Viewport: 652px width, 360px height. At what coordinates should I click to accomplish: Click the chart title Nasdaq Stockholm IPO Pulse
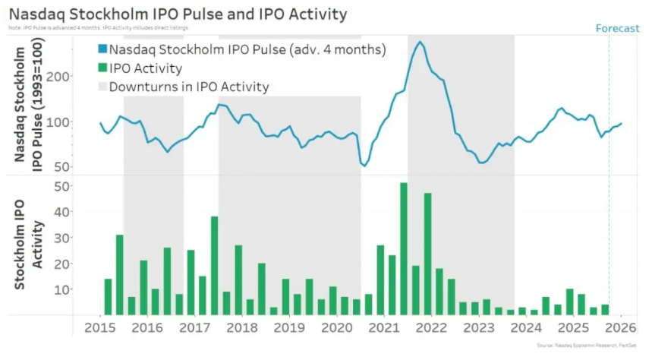coord(178,14)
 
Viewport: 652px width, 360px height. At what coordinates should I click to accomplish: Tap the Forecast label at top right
coord(617,28)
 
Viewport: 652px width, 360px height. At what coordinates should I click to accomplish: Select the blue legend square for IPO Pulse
coord(102,50)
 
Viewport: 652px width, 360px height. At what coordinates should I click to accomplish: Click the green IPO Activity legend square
coord(102,68)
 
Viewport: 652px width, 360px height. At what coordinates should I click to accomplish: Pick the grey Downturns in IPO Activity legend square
coord(102,87)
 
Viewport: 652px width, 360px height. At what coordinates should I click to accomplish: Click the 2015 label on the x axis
coord(99,328)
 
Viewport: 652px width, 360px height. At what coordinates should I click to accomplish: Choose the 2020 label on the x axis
coord(335,328)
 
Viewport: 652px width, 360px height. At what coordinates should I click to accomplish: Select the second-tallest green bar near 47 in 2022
coord(427,254)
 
